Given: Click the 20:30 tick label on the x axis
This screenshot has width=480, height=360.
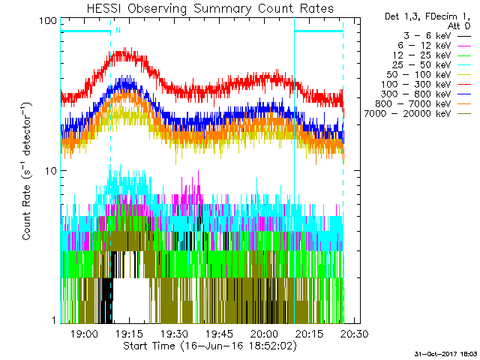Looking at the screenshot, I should click(351, 334).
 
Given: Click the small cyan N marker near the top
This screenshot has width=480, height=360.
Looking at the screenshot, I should click(117, 30).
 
